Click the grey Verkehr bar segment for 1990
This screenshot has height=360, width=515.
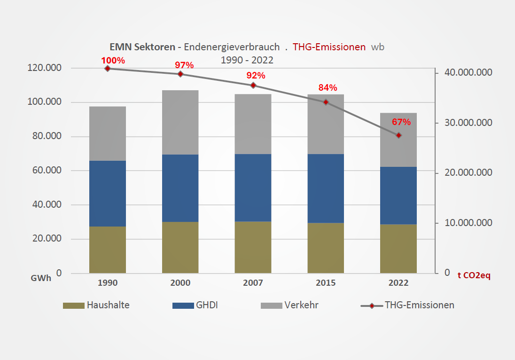108,133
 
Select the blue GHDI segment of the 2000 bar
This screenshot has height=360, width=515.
180,188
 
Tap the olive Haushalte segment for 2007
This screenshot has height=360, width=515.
253,247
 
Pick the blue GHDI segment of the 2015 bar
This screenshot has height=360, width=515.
326,188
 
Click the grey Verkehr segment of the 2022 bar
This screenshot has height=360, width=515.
398,140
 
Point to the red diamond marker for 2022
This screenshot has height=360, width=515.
398,135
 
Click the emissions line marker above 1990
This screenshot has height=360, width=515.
108,69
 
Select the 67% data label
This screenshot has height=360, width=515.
401,122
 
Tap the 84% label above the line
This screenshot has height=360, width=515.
328,88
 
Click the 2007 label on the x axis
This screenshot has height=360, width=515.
253,283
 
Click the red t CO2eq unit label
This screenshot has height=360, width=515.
474,276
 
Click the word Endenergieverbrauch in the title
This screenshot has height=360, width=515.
233,47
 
